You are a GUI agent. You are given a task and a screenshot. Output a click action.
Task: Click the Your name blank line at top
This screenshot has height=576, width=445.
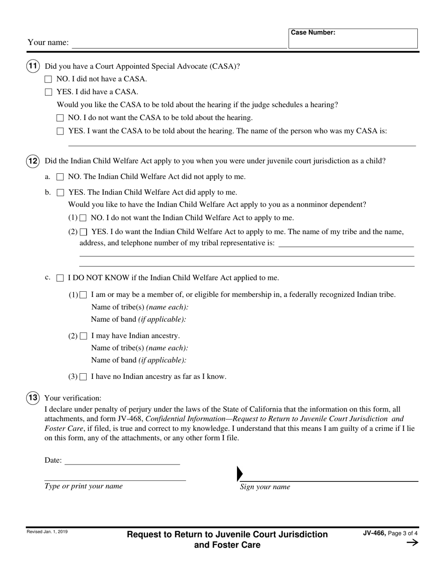click(x=179, y=44)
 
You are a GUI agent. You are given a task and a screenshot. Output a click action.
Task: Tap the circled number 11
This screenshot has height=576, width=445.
click(x=32, y=66)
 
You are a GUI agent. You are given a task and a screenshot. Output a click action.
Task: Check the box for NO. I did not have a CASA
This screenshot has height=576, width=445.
click(x=48, y=80)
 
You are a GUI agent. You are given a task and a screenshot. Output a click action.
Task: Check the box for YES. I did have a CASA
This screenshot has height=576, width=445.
click(x=48, y=92)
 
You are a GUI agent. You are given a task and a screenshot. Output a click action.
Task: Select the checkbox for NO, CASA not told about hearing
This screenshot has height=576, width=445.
click(x=60, y=118)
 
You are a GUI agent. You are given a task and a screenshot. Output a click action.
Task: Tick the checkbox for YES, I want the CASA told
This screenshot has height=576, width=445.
click(x=60, y=132)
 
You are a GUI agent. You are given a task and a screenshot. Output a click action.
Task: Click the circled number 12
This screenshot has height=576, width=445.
click(x=32, y=161)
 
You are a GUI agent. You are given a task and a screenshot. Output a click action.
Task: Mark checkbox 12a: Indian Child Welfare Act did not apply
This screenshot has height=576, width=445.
click(x=60, y=177)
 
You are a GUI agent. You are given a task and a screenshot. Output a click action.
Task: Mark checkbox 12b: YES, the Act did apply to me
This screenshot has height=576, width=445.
click(x=60, y=192)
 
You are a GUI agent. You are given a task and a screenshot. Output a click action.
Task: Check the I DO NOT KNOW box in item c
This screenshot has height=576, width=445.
click(x=60, y=278)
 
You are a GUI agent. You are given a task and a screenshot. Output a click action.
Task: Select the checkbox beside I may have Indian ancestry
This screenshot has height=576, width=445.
click(x=83, y=336)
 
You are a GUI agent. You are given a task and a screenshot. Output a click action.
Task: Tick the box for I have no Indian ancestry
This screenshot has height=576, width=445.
click(x=83, y=377)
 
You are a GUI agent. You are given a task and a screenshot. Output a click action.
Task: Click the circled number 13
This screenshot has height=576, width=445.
click(x=32, y=398)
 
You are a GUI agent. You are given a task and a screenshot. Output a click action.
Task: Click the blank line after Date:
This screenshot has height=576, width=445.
click(x=122, y=461)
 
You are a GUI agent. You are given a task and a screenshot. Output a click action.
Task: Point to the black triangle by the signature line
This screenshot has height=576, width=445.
click(x=240, y=474)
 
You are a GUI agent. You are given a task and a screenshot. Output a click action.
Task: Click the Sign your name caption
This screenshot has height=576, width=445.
click(x=265, y=487)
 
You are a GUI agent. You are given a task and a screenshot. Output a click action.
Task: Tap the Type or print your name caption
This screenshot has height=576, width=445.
click(x=83, y=486)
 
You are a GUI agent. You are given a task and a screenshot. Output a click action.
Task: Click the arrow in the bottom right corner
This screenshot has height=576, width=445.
click(x=412, y=543)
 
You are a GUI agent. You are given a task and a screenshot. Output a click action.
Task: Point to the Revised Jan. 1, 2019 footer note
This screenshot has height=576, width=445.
click(x=47, y=532)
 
